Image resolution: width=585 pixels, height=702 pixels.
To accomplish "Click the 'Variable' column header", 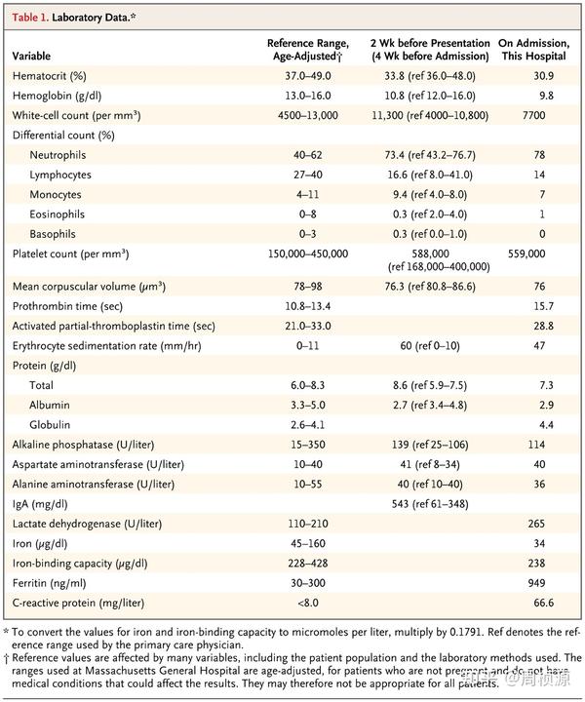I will coord(32,57).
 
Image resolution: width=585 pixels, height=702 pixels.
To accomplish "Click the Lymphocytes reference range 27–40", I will coord(308,175).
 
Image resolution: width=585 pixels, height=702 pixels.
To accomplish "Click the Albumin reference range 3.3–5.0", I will coord(308,404).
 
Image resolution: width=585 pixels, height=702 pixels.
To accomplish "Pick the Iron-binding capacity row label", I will coord(80,563).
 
